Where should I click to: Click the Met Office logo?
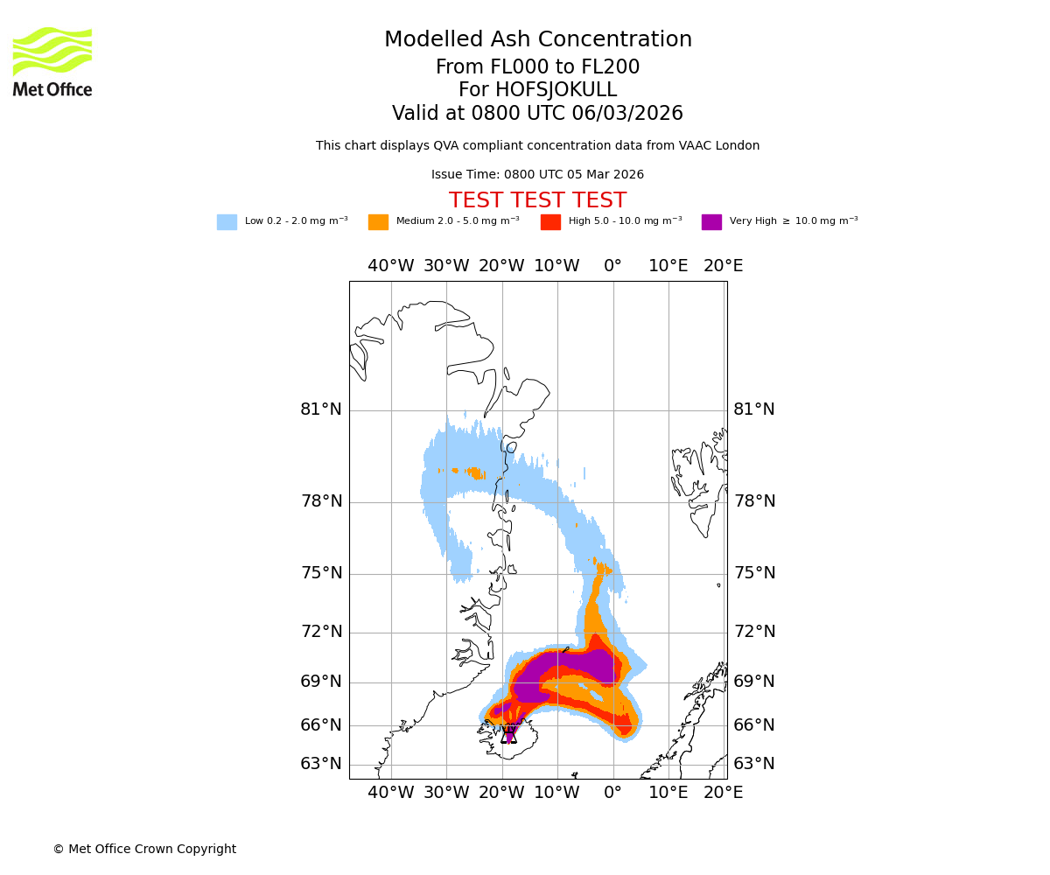(x=52, y=61)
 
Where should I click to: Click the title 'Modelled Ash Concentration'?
(x=538, y=40)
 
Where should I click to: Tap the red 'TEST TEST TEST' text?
(x=537, y=200)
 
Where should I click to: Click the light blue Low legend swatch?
(x=227, y=222)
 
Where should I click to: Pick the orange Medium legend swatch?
(x=378, y=222)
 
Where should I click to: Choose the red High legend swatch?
(x=550, y=222)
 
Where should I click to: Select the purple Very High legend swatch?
(x=711, y=222)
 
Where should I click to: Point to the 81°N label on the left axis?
(x=321, y=409)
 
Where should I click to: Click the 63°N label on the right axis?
(x=754, y=764)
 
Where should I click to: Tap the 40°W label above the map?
(x=390, y=266)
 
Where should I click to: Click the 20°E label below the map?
(x=724, y=793)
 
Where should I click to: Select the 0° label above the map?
(x=612, y=266)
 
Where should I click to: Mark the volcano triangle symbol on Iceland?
(x=509, y=735)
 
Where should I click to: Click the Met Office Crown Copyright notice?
(x=144, y=850)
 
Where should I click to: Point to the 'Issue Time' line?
(x=537, y=175)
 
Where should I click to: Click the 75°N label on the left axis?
(x=321, y=573)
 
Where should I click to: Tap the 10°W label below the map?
(x=556, y=793)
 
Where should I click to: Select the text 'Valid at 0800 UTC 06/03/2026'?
(x=537, y=114)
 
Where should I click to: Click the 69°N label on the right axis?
(x=754, y=682)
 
